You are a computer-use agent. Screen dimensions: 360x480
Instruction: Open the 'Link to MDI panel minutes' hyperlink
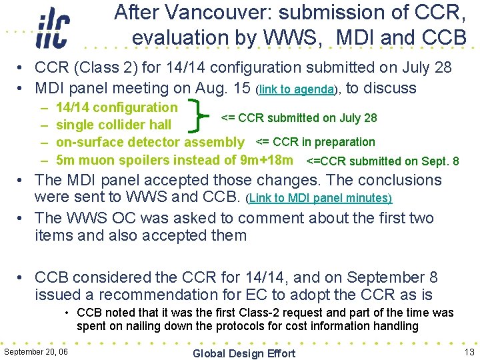[319, 199]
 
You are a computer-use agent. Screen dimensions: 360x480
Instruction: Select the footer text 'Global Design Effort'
[243, 353]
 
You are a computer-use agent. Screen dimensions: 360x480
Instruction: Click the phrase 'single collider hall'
[113, 125]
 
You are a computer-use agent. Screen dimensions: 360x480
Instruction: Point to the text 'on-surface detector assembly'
[150, 142]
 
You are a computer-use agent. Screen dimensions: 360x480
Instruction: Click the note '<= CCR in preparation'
[315, 141]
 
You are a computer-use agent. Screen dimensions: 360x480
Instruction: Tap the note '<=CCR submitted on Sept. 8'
[382, 161]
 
